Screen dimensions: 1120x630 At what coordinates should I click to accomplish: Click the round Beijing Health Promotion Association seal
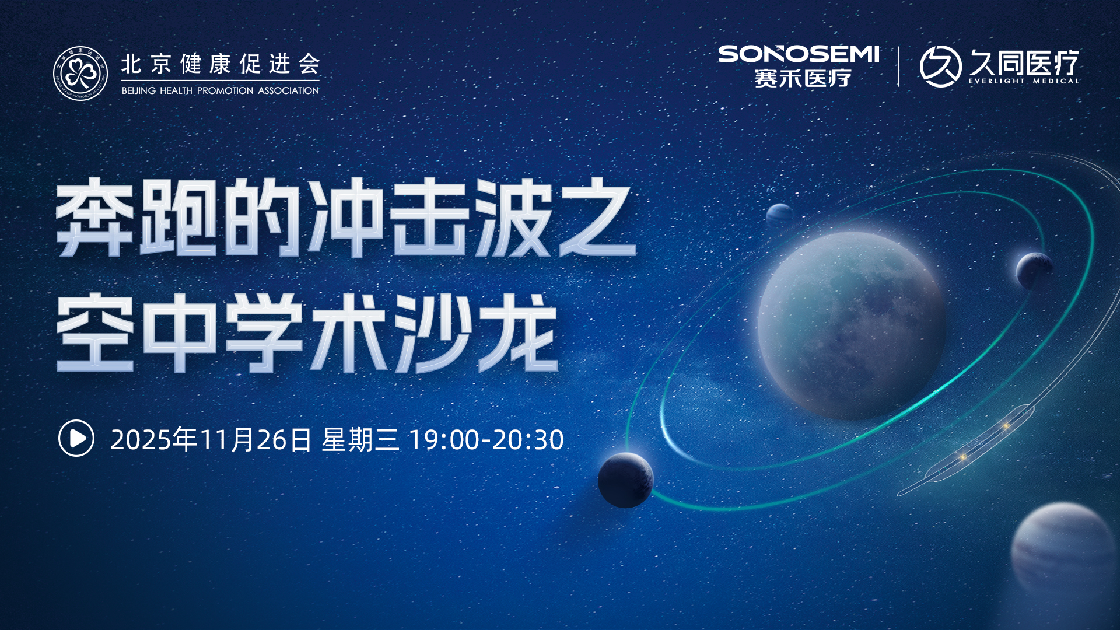(x=80, y=73)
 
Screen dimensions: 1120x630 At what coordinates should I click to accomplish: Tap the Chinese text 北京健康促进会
(x=220, y=64)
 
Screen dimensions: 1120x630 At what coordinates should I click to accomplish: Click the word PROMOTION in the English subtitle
(x=225, y=90)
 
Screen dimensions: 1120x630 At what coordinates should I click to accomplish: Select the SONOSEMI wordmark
(x=799, y=54)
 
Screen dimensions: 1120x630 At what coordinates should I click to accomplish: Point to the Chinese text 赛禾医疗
(x=803, y=78)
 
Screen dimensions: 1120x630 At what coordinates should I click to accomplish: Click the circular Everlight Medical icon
(x=940, y=66)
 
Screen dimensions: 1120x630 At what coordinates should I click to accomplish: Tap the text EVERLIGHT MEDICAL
(x=1024, y=81)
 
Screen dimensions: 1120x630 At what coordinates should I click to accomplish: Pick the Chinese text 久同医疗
(x=1024, y=62)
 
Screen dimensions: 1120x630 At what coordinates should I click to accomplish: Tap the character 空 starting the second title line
(x=95, y=332)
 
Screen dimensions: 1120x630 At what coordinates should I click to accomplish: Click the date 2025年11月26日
(x=211, y=439)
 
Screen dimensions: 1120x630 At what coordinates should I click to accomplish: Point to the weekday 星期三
(x=360, y=439)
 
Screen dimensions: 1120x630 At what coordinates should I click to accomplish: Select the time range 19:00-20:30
(x=487, y=440)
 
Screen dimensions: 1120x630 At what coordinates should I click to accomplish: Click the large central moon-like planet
(x=852, y=325)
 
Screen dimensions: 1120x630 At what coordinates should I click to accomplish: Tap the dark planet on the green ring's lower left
(x=626, y=480)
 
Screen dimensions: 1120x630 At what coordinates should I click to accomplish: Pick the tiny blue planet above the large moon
(x=779, y=215)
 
